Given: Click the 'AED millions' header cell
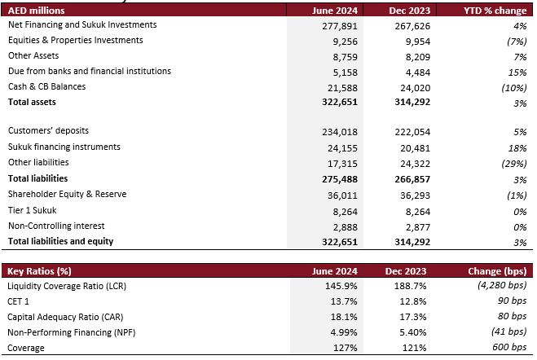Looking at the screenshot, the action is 37,11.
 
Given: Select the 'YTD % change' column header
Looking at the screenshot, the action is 495,11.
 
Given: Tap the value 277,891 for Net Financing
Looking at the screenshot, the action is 340,26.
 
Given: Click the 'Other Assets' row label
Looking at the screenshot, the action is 33,55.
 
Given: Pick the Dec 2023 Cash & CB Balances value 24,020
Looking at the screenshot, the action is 415,88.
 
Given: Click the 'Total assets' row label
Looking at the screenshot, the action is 32,102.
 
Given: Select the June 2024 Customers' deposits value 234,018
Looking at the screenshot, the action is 340,132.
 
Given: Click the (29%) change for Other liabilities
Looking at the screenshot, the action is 513,164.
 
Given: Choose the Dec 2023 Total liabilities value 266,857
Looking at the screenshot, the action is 412,179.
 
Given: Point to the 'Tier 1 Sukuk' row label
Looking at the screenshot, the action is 33,210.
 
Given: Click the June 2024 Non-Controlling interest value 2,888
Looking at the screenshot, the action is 346,227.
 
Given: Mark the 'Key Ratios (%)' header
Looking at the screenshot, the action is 39,271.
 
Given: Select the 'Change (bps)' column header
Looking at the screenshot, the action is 497,271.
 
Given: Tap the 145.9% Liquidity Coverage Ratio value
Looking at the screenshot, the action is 341,286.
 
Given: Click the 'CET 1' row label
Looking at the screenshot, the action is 18,301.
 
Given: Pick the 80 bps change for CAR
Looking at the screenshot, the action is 512,316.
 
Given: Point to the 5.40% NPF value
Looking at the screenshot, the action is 413,332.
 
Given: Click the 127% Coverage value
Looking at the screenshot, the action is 346,348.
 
